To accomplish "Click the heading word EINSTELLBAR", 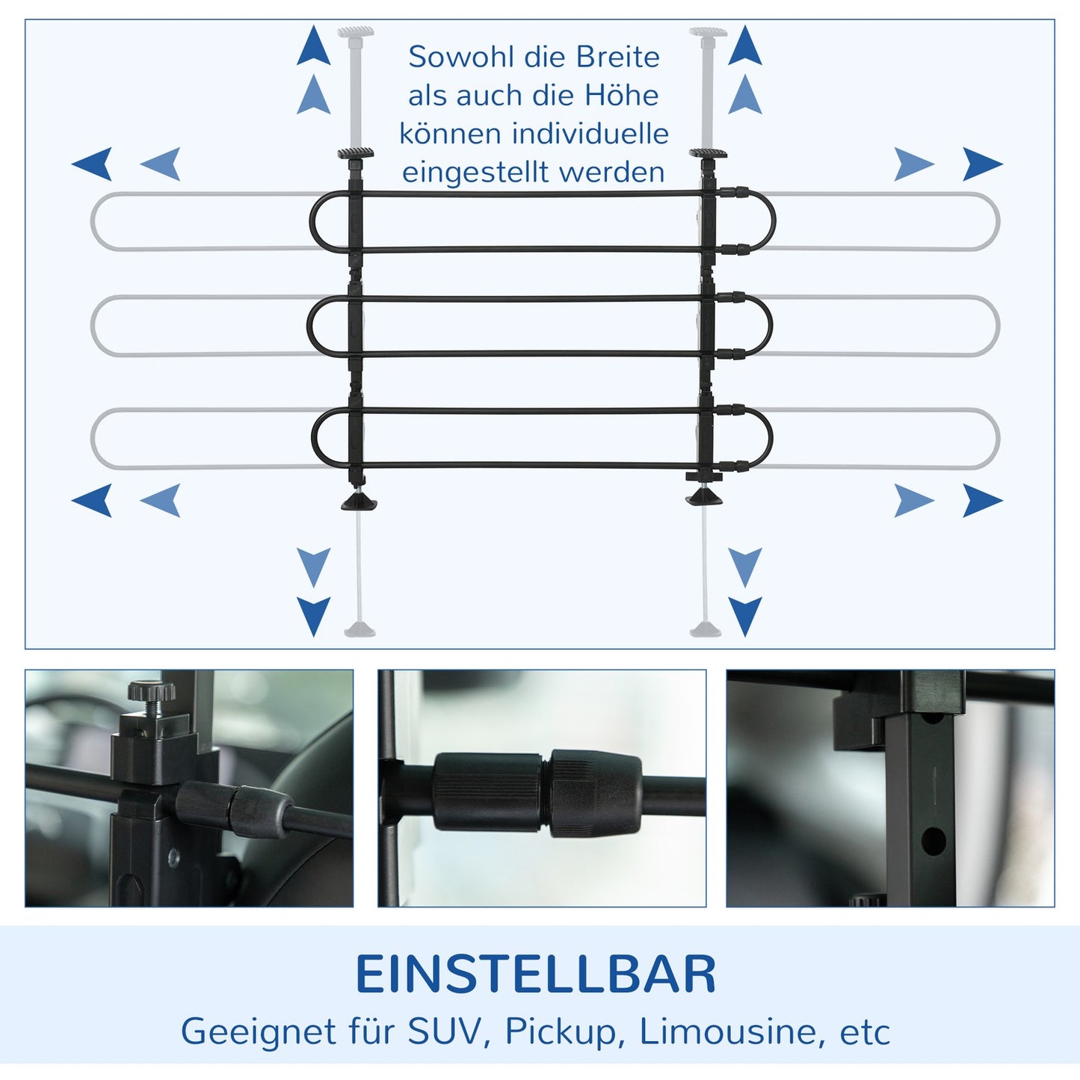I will point(535,975).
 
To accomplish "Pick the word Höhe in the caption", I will point(621,96).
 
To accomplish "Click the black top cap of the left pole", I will point(355,154).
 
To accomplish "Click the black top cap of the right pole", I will point(707,154).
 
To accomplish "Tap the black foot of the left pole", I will point(359,502).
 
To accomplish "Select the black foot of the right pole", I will point(704,497).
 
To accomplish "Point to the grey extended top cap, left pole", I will point(356,32).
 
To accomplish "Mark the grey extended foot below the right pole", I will point(705,629).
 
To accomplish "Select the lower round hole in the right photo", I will point(933,842).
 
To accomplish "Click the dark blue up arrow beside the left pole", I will point(313,46).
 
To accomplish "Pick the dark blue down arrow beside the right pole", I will point(744,615).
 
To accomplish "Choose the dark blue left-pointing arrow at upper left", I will point(93,164).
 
